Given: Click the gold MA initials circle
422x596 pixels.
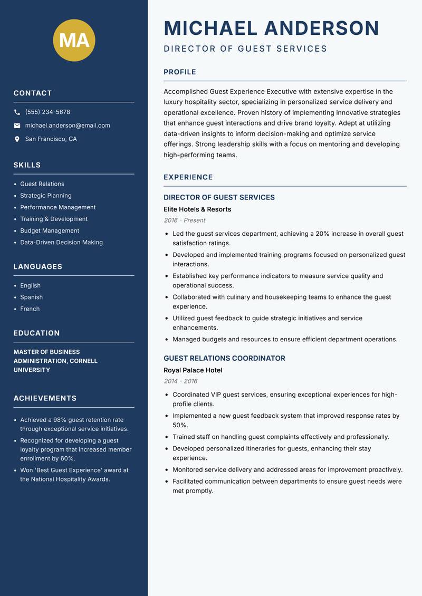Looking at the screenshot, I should tap(74, 40).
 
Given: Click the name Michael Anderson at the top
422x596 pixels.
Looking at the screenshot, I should tap(271, 28).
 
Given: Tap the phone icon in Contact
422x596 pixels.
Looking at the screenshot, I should tap(17, 112).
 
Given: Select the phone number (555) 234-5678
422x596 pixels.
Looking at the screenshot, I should tap(47, 112).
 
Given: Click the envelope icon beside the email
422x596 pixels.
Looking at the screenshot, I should tap(17, 126).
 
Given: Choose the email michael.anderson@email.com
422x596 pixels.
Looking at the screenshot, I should tap(68, 126).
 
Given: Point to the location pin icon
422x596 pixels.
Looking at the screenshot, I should tap(17, 139).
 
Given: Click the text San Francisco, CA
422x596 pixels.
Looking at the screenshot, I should tap(51, 139).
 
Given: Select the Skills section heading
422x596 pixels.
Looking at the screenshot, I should tap(27, 165).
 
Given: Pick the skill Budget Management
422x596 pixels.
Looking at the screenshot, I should tap(50, 230).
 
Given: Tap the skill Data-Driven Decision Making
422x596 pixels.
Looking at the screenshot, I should tap(61, 243).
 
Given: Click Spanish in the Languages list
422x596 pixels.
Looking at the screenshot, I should tap(31, 297).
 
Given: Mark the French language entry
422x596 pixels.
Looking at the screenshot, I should tap(30, 309).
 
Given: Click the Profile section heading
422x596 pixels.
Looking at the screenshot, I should tap(179, 72).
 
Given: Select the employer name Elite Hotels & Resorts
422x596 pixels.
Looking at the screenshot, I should tap(197, 209).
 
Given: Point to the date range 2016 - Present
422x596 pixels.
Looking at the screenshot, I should tap(184, 220).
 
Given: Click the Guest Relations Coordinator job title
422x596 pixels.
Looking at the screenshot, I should tap(224, 358).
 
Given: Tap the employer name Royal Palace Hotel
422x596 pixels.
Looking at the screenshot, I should tap(193, 370).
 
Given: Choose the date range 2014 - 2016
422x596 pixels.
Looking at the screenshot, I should tap(180, 381).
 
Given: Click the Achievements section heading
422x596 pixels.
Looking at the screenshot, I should tap(45, 398).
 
